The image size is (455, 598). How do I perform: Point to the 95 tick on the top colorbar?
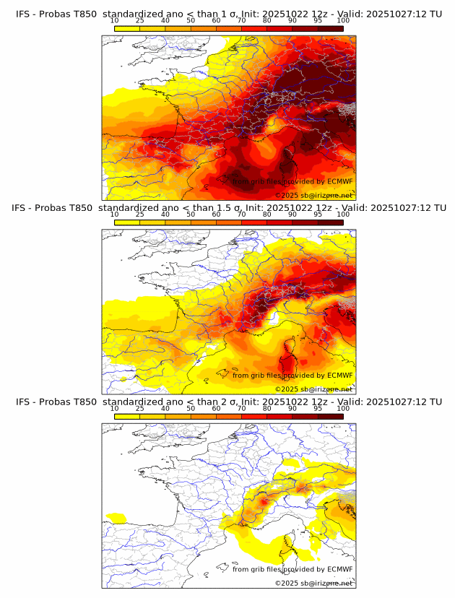point(318,21)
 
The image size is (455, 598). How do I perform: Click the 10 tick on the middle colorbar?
point(115,214)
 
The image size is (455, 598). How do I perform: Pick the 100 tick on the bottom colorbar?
point(343,408)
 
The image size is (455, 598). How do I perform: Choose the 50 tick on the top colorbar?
point(191,21)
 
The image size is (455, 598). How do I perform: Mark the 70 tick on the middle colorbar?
point(242,214)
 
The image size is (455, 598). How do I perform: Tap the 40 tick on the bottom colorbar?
point(165,408)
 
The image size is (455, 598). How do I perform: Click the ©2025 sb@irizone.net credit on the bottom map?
point(313,583)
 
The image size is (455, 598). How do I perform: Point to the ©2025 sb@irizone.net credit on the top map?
point(313,196)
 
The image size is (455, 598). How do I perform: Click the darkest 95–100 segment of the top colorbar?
point(331,28)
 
